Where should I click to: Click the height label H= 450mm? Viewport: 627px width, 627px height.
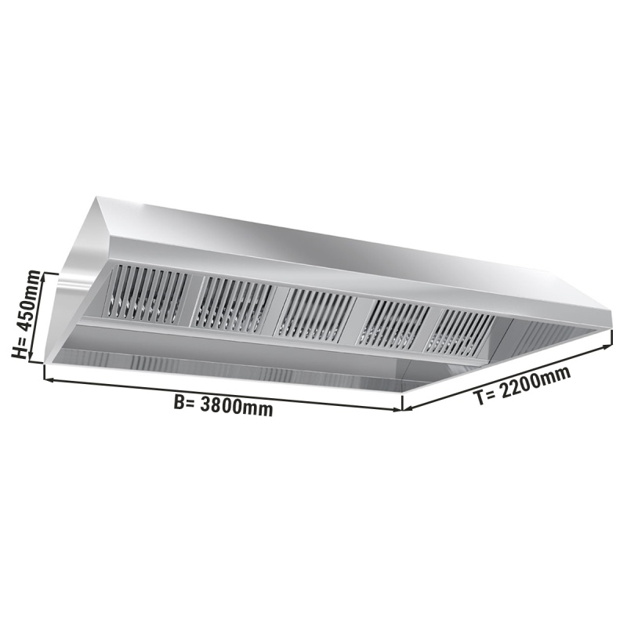click(27, 314)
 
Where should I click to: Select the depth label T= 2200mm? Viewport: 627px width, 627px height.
click(522, 386)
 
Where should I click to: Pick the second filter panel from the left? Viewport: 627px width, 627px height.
click(232, 303)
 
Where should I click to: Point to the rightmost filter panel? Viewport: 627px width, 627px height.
click(459, 330)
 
